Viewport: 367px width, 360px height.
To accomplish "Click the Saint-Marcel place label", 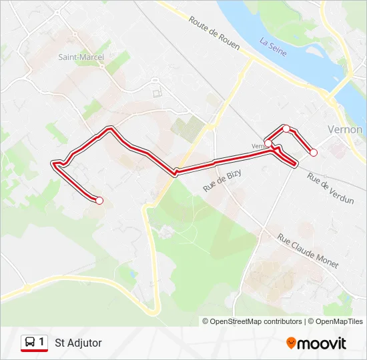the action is (x=81, y=57).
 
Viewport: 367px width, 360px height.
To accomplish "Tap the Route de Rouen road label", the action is (x=215, y=31).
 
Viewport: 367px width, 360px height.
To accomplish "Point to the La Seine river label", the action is (x=273, y=46).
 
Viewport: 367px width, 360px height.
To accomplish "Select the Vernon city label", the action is (x=345, y=129).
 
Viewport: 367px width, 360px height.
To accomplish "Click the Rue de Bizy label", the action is (x=222, y=181).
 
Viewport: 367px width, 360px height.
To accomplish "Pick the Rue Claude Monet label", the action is (x=308, y=251).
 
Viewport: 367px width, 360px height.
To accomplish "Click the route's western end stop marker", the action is (x=99, y=200).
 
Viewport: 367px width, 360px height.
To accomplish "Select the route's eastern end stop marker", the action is (x=314, y=153).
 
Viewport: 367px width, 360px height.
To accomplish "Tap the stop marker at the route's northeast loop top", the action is (x=286, y=128).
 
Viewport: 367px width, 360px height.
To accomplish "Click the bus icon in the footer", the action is (x=30, y=342).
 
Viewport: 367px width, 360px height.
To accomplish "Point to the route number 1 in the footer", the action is (x=42, y=342).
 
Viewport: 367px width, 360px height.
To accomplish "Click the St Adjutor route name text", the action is (x=79, y=343).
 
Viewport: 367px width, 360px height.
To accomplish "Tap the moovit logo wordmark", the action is (x=322, y=343).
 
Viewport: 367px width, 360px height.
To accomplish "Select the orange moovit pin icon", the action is (x=291, y=343).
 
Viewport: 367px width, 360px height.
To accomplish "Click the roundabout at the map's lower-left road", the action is (x=28, y=289).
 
